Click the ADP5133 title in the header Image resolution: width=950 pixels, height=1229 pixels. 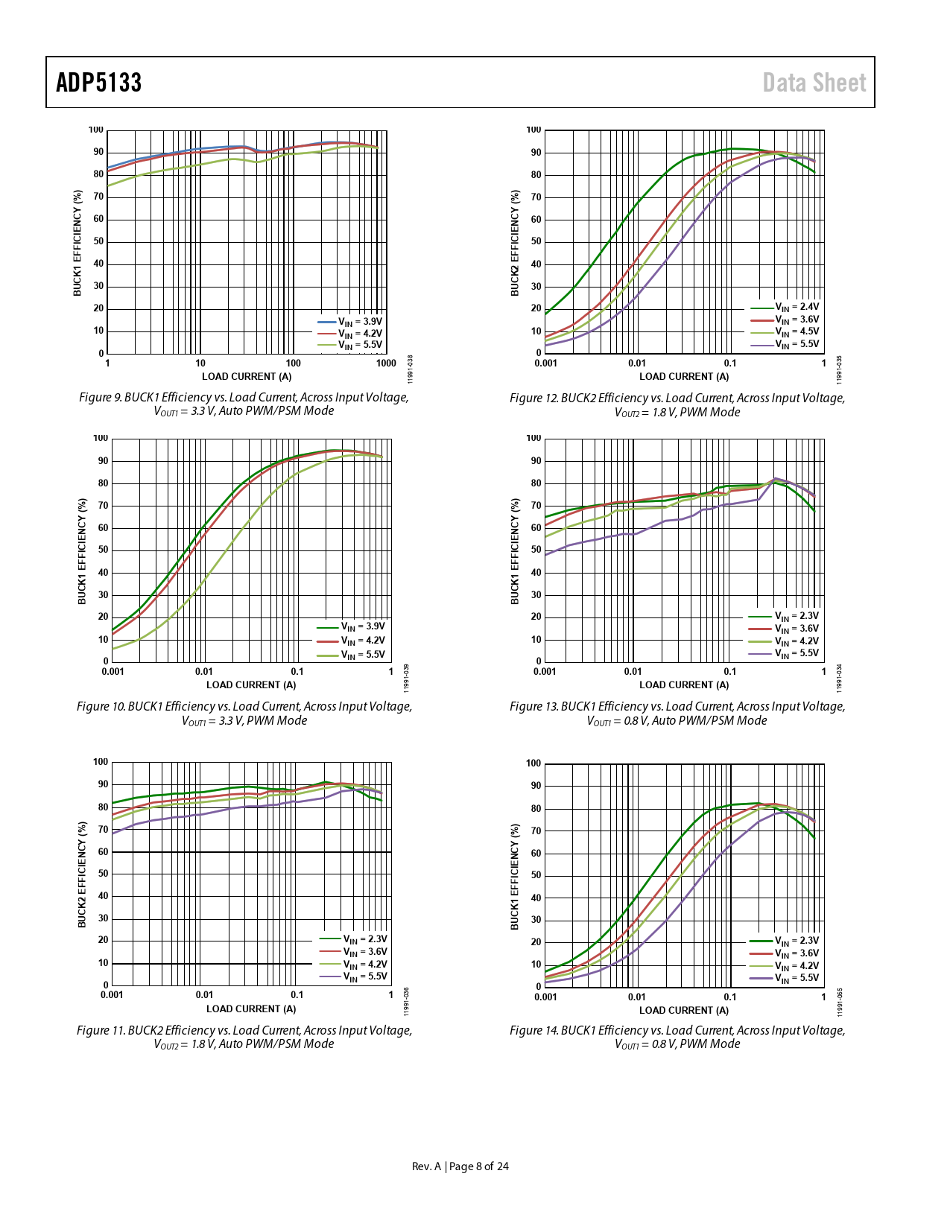pyautogui.click(x=99, y=83)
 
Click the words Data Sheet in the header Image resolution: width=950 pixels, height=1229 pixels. pyautogui.click(x=814, y=83)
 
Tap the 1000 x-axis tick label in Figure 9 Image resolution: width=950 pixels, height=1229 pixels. pyautogui.click(x=386, y=363)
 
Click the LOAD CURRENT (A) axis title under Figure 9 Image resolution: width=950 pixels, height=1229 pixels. pyautogui.click(x=247, y=377)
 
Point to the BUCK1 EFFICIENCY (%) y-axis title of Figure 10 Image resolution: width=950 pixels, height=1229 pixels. pyautogui.click(x=83, y=551)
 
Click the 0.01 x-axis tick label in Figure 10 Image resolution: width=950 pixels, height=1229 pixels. pyautogui.click(x=203, y=672)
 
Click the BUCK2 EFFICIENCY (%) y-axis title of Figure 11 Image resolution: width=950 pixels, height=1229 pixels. pyautogui.click(x=83, y=874)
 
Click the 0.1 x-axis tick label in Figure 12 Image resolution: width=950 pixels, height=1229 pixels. pyautogui.click(x=730, y=363)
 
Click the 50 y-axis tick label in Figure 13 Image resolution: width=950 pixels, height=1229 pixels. pyautogui.click(x=536, y=550)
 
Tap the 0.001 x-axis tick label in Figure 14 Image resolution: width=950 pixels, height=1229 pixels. pyautogui.click(x=545, y=997)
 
